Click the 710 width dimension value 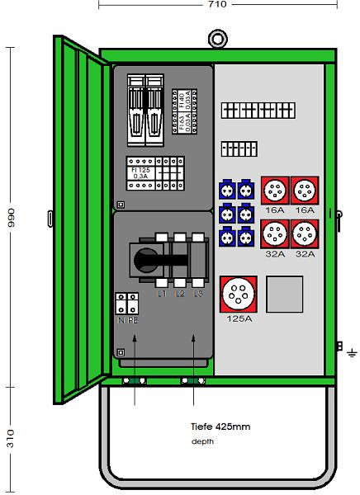click(x=216, y=5)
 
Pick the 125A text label click(x=240, y=318)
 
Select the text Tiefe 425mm click(x=220, y=427)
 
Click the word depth click(x=201, y=441)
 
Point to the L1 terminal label click(x=162, y=293)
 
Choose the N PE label click(x=127, y=319)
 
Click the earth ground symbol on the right click(x=352, y=353)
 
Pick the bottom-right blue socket click(x=245, y=238)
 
